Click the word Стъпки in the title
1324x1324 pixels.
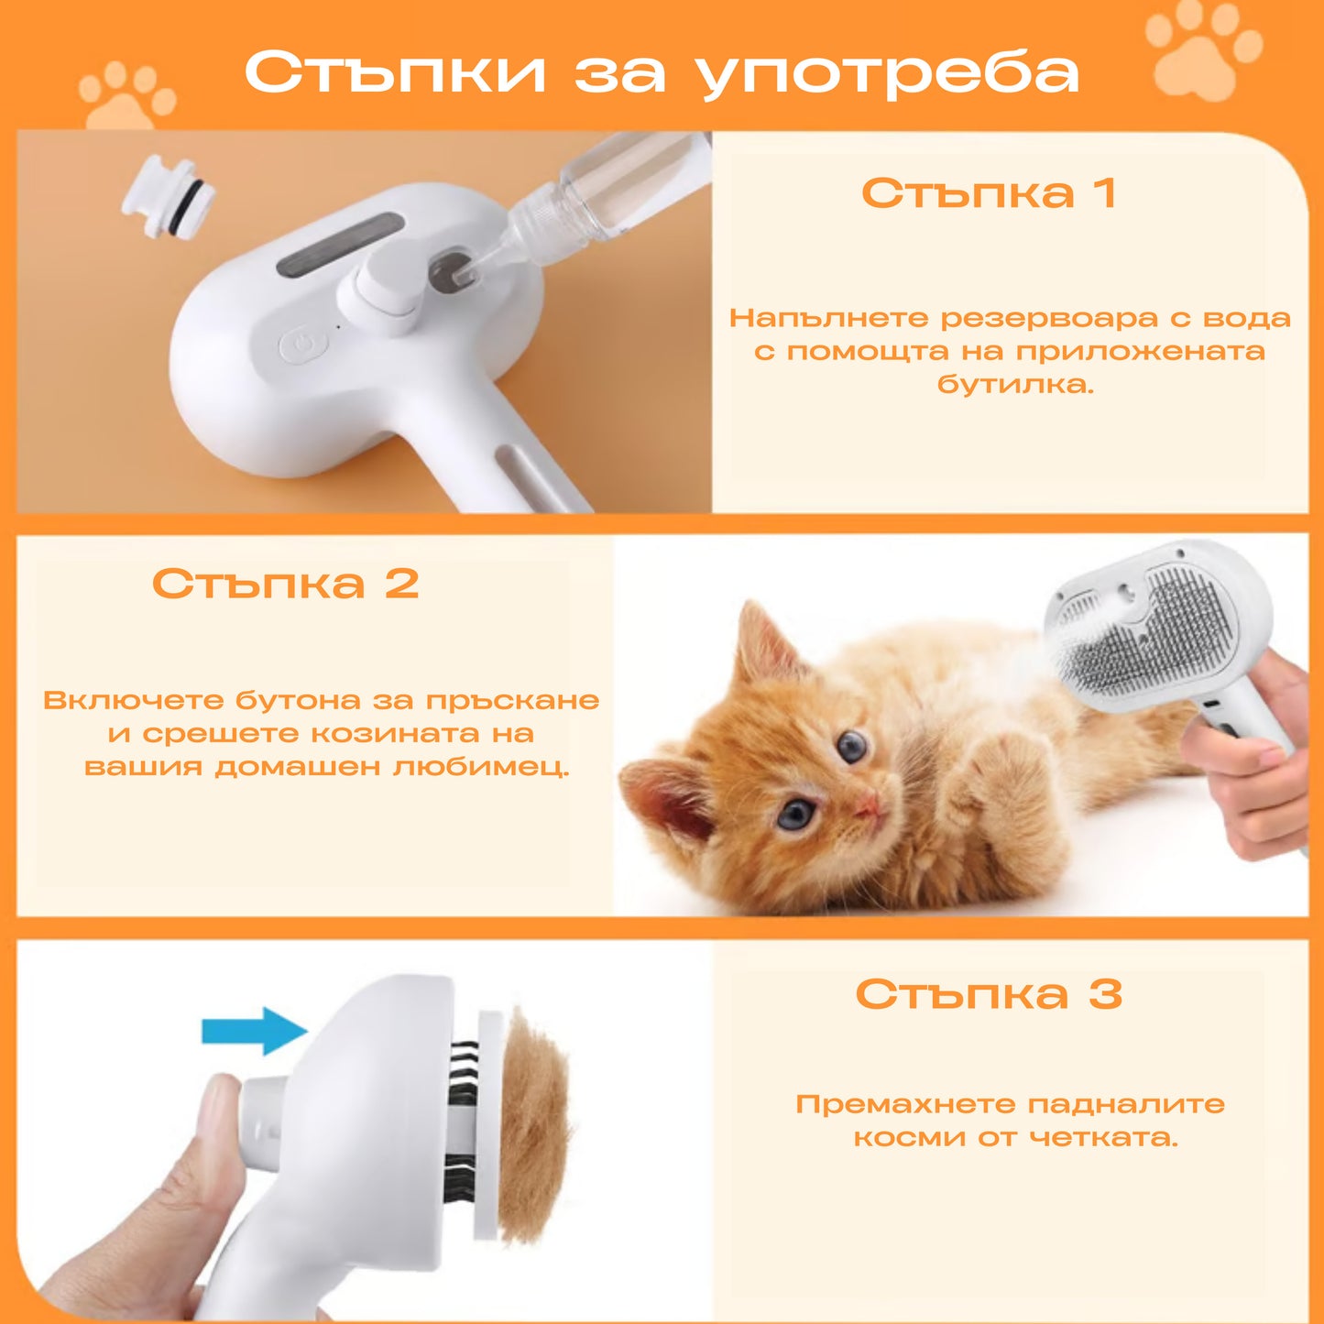pos(396,71)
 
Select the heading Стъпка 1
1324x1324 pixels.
pos(990,192)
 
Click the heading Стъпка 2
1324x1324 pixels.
pos(285,584)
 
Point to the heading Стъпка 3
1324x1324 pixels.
pos(989,993)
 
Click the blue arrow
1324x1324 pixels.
pos(254,1030)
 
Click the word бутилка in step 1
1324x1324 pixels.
pos(1015,384)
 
